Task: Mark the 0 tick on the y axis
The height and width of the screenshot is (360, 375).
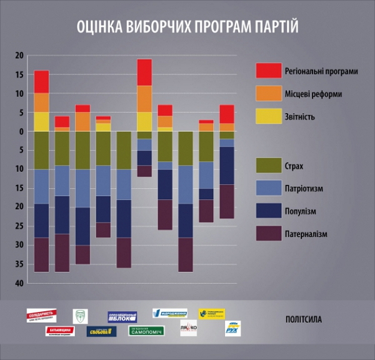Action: pos(21,131)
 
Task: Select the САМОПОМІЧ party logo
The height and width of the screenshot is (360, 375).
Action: pos(146,330)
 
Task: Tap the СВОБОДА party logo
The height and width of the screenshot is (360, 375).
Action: pos(101,331)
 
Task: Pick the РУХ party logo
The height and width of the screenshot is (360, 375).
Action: pos(232,329)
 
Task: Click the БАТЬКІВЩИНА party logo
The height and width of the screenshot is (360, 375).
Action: pos(60,331)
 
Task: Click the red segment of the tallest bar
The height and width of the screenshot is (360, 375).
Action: pos(144,68)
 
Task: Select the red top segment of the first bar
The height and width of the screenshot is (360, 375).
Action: pos(42,81)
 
